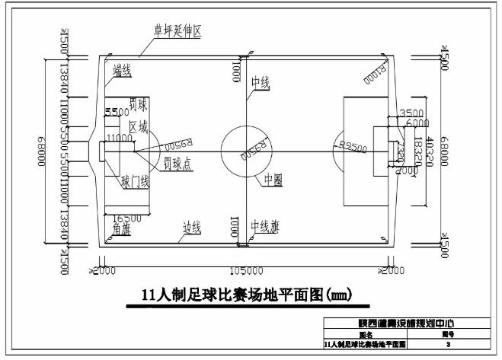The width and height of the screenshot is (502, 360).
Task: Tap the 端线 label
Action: [x=123, y=72]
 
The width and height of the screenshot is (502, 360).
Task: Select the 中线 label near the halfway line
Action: [x=261, y=83]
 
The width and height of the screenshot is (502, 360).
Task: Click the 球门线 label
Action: [x=136, y=182]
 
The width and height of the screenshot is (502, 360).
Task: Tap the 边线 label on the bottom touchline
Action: [x=191, y=227]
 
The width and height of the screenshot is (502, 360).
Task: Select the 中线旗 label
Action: [x=264, y=227]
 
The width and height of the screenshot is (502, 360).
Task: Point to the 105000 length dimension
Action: [x=247, y=270]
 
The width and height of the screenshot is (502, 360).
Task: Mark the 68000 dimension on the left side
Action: [x=37, y=149]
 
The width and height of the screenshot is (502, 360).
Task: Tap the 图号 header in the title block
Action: [x=449, y=334]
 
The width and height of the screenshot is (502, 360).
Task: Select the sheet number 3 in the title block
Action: [x=449, y=345]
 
